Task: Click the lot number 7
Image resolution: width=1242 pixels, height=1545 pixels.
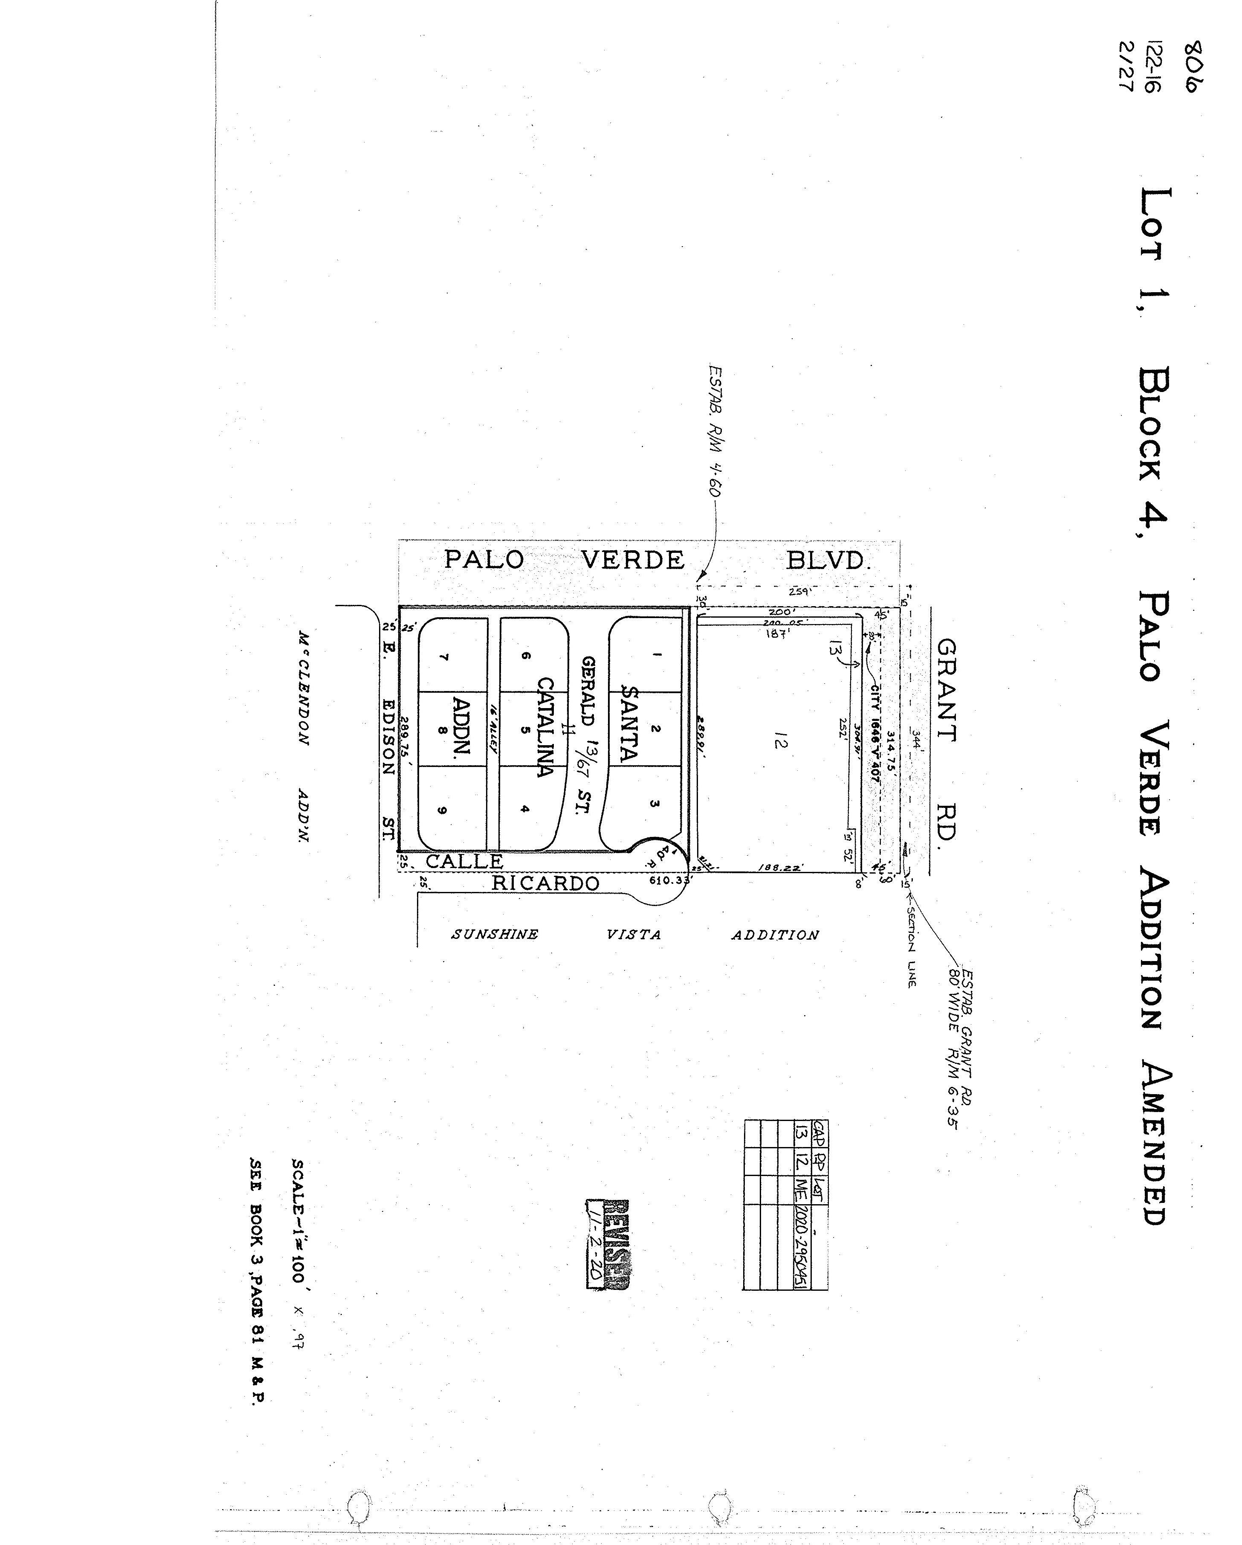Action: [x=444, y=657]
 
